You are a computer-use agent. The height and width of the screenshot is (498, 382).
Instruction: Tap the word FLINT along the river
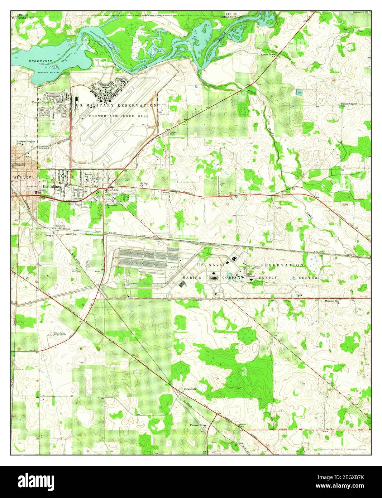tap(143, 68)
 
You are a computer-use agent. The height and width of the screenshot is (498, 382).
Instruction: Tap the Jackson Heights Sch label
tap(26, 143)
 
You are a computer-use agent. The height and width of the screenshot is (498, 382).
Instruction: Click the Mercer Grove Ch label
tap(269, 55)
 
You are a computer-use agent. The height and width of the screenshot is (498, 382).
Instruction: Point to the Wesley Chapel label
tap(348, 104)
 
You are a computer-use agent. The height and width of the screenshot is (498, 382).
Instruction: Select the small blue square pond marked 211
tap(300, 92)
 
